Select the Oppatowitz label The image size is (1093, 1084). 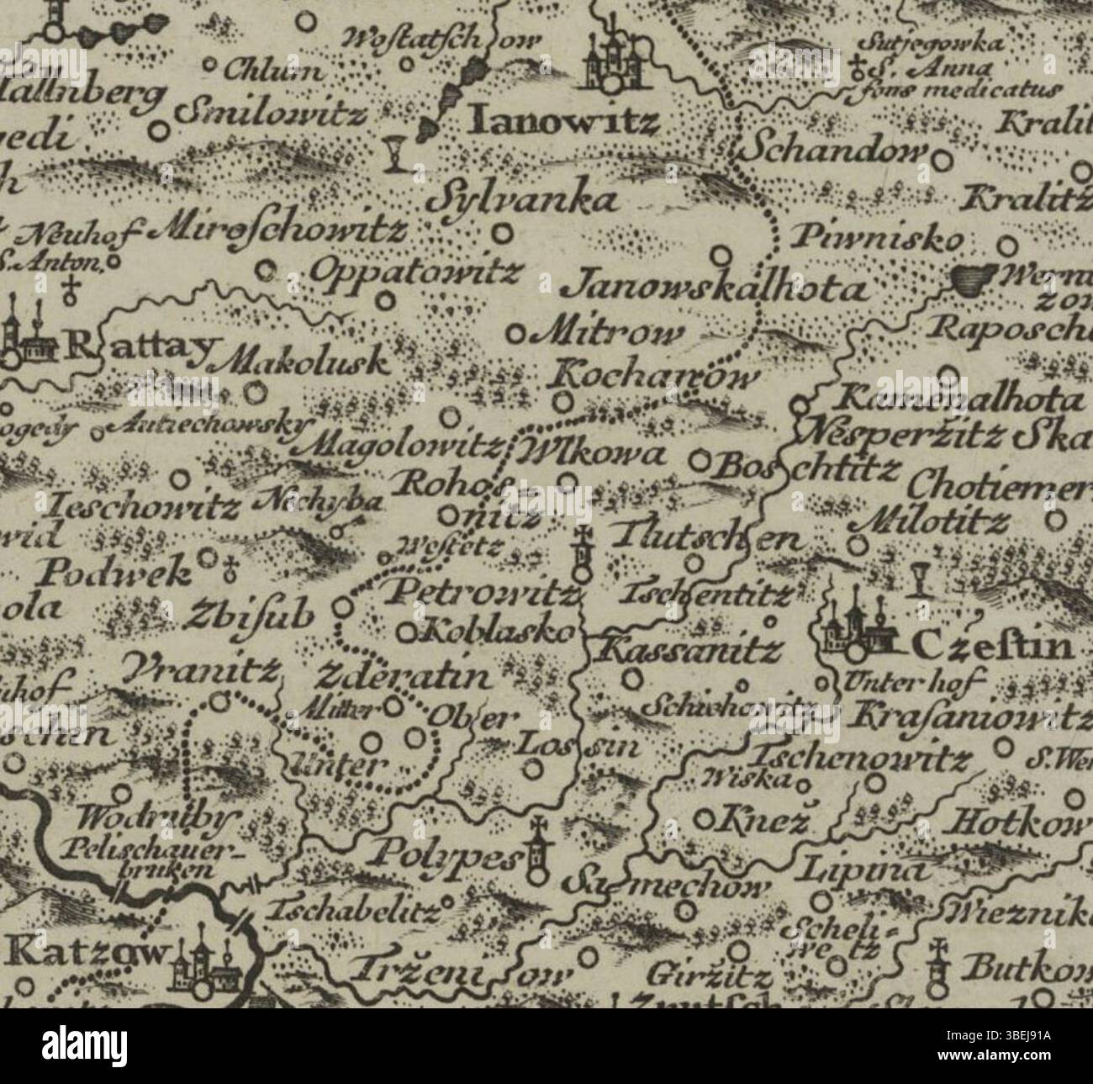point(417,269)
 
